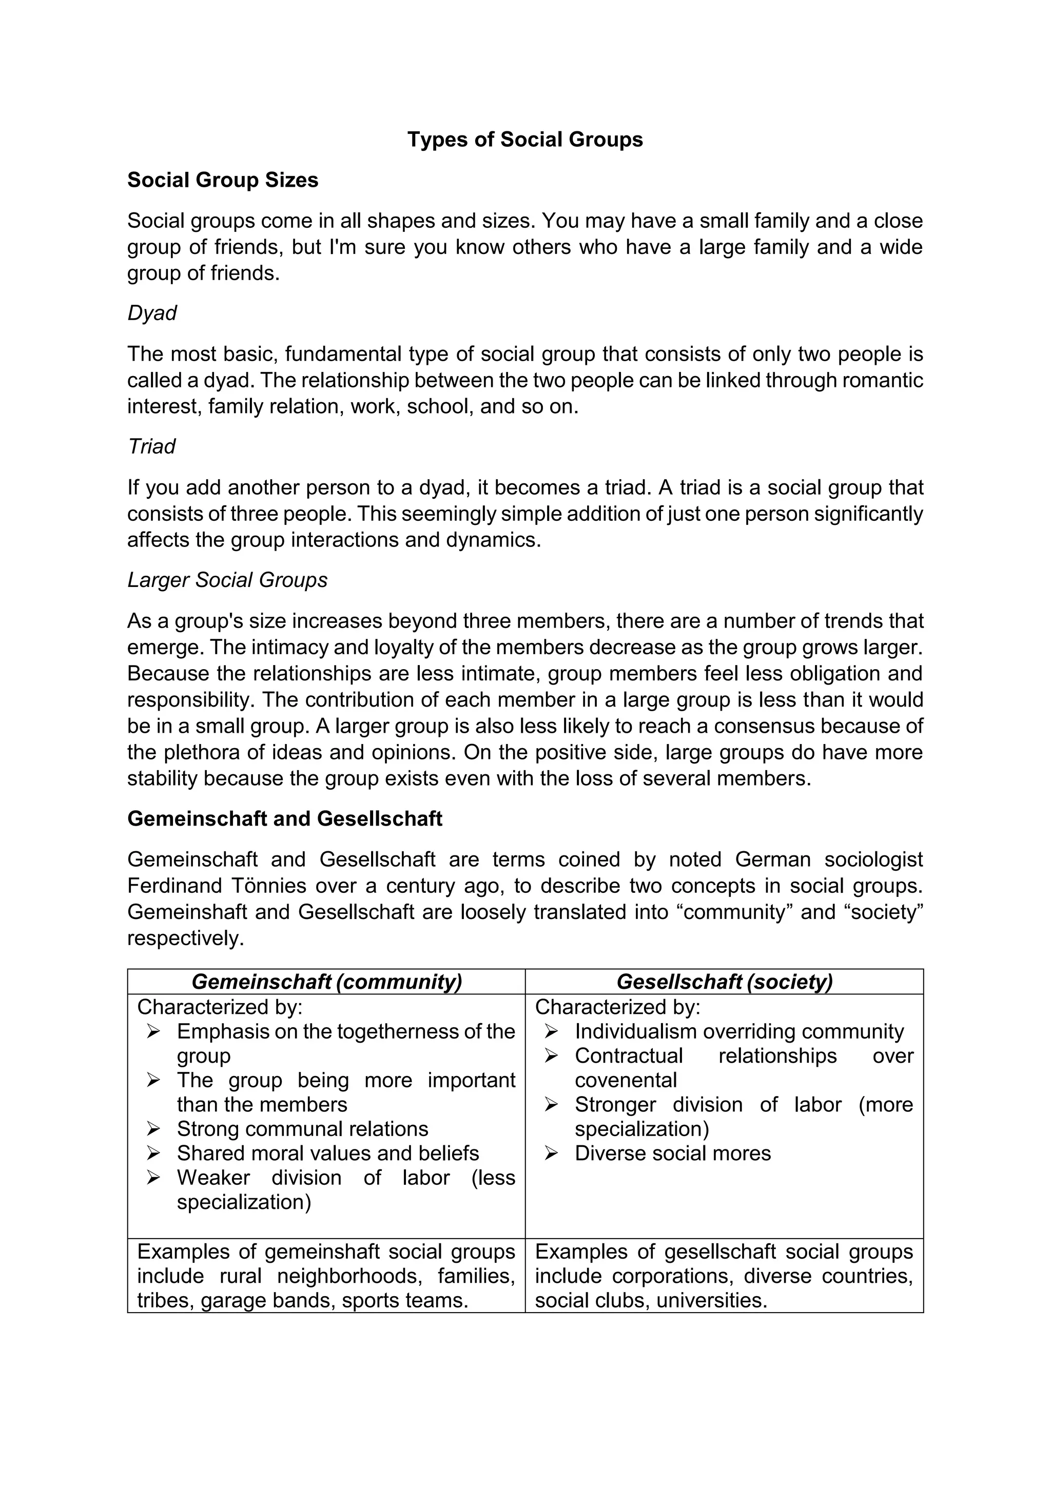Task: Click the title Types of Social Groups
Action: click(x=525, y=139)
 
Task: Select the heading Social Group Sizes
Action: click(x=223, y=180)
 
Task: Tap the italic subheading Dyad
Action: click(x=151, y=312)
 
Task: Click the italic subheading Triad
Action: click(x=151, y=446)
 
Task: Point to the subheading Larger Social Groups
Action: click(x=227, y=579)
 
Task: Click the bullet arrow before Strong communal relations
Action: click(x=153, y=1129)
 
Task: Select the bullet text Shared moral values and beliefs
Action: click(x=327, y=1153)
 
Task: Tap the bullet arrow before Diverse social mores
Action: click(x=551, y=1153)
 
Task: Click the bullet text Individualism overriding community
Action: click(x=739, y=1032)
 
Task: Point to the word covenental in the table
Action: click(x=625, y=1080)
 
